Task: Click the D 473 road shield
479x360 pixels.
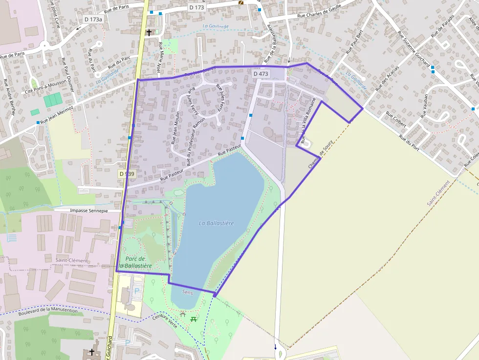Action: pos(261,74)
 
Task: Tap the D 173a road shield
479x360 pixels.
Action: pos(93,19)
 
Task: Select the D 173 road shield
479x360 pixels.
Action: pos(197,8)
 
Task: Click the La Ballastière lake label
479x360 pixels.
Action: pos(216,223)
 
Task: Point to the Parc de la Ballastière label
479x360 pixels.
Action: pos(135,262)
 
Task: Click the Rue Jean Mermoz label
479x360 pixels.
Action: pos(57,114)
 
